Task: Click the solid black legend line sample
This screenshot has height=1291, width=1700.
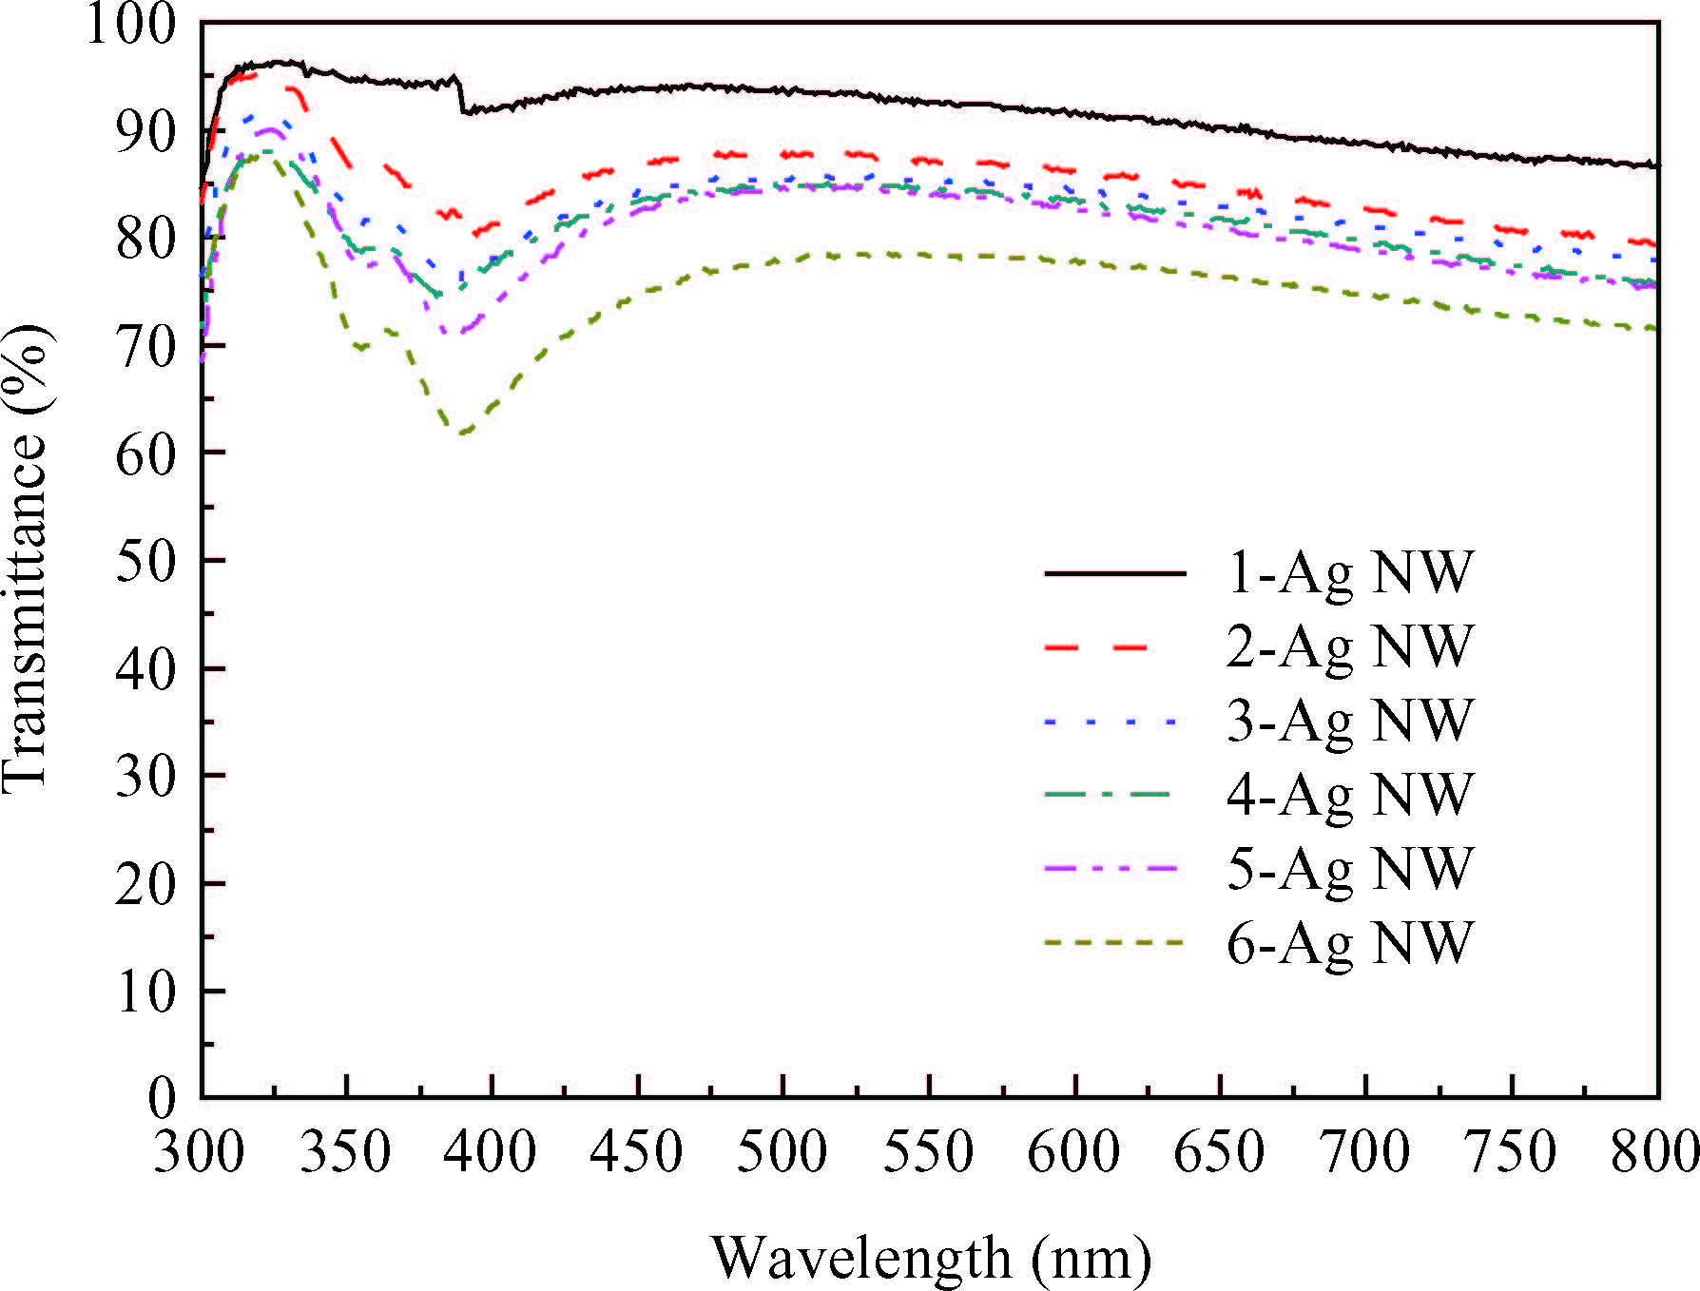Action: tap(1114, 573)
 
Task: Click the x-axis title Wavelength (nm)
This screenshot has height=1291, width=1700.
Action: tap(931, 1257)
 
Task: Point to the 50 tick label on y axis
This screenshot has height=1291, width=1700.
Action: tap(145, 561)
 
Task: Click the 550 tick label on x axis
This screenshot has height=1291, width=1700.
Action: tap(928, 1152)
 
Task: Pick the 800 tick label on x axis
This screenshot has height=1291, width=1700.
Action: tap(1655, 1152)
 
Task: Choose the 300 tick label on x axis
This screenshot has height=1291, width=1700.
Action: tap(200, 1152)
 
